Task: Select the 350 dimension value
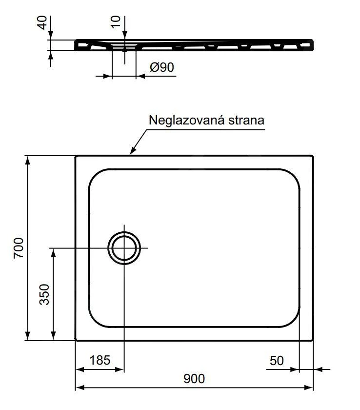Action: pyautogui.click(x=44, y=294)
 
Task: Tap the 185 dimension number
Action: pyautogui.click(x=100, y=361)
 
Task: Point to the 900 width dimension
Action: pyautogui.click(x=194, y=378)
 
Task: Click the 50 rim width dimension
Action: pyautogui.click(x=276, y=361)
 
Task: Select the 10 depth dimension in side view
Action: pyautogui.click(x=116, y=21)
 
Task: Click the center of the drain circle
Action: pyautogui.click(x=124, y=248)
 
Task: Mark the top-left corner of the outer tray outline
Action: pyautogui.click(x=76, y=156)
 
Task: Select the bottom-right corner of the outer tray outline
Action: pyautogui.click(x=313, y=340)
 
